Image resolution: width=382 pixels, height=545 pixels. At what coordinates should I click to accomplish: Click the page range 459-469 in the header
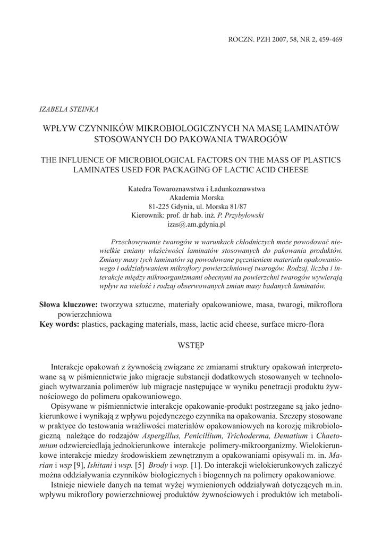click(x=327, y=40)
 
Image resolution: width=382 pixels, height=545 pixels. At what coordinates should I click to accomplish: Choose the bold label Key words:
click(x=60, y=324)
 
